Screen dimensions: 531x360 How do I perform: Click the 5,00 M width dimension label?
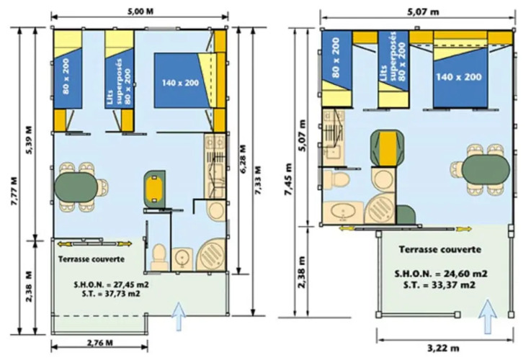tap(140, 12)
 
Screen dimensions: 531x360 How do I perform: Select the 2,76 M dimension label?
tap(100, 343)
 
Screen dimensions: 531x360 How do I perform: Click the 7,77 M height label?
tap(14, 192)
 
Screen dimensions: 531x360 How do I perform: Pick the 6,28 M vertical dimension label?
tap(243, 159)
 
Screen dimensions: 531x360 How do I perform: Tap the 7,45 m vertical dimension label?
tap(288, 180)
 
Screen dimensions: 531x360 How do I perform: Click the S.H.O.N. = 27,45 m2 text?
tap(112, 284)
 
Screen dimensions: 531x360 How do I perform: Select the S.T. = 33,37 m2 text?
tap(439, 285)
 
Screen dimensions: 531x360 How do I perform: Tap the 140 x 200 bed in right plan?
tap(460, 77)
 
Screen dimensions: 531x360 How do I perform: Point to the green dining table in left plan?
tap(76, 187)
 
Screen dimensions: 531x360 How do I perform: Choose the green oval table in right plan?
tap(486, 169)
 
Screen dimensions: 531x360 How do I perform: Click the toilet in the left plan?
tap(159, 256)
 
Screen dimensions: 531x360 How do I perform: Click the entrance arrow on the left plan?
tap(179, 316)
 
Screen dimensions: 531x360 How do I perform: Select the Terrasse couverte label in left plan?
tap(92, 259)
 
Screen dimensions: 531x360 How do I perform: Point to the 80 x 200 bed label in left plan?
tap(66, 76)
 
